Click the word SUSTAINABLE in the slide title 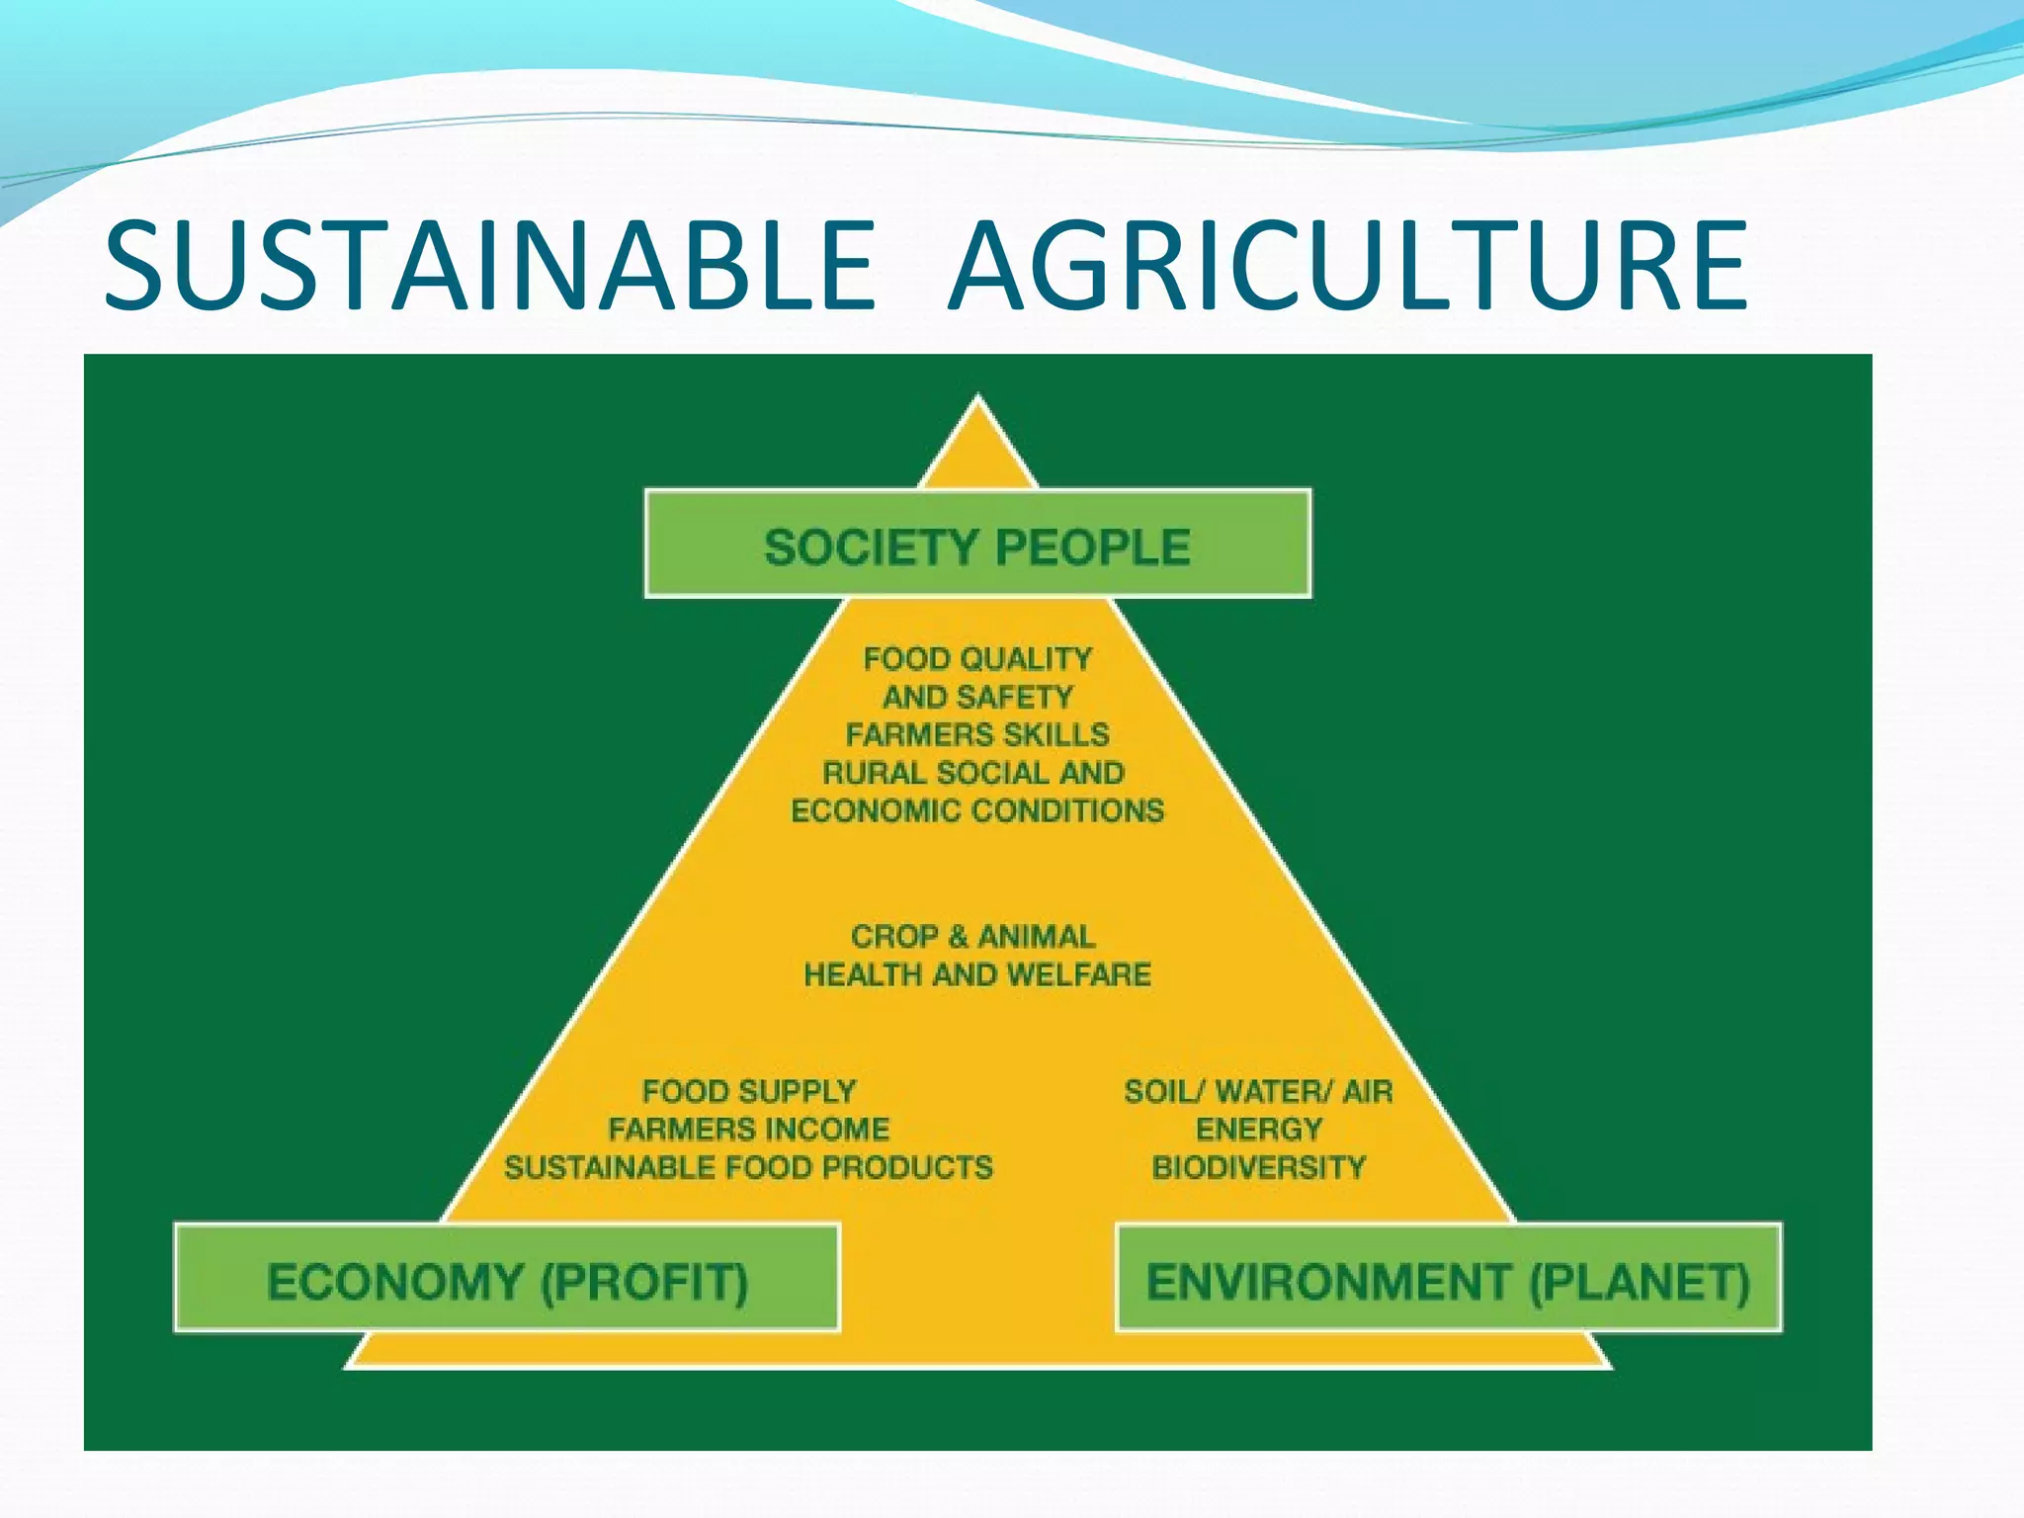click(489, 265)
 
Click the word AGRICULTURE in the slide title click(1347, 265)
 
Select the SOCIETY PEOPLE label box click(977, 544)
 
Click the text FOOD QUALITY click(977, 658)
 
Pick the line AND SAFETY click(977, 697)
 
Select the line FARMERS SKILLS click(977, 734)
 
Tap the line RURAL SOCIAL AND click(973, 772)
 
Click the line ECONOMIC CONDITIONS click(977, 810)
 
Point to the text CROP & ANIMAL click(973, 936)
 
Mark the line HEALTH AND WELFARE click(977, 974)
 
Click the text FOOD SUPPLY click(749, 1091)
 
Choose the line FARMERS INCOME click(749, 1129)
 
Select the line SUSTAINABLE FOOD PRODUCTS click(749, 1167)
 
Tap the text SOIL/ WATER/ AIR click(1258, 1091)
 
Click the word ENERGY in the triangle click(1258, 1129)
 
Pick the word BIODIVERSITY click(1258, 1167)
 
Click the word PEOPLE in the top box click(1092, 547)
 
